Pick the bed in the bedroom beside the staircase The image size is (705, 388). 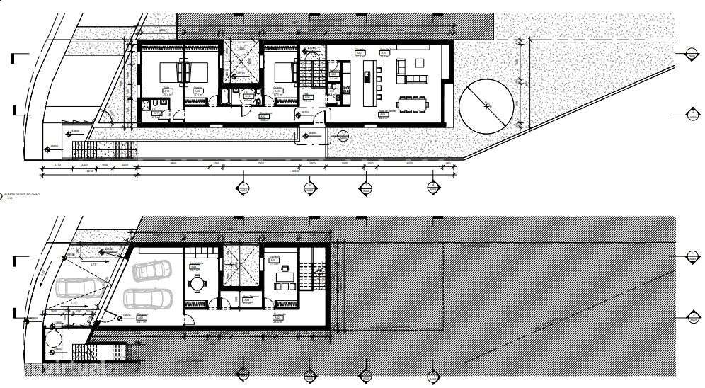pos(284,72)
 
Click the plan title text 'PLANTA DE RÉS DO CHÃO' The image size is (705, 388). pos(21,193)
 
